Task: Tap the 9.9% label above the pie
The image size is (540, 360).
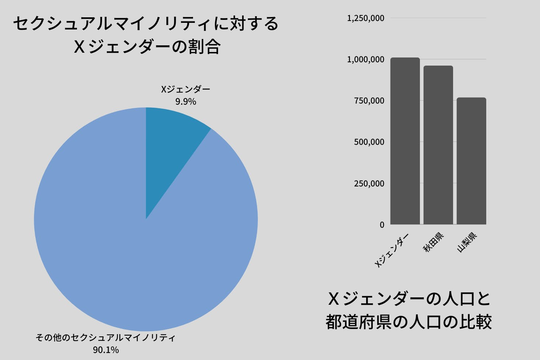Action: pyautogui.click(x=186, y=102)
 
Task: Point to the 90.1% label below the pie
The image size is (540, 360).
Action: pyautogui.click(x=106, y=350)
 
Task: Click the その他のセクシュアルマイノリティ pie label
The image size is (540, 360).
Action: pyautogui.click(x=106, y=338)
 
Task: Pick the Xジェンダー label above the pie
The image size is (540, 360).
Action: pyautogui.click(x=186, y=90)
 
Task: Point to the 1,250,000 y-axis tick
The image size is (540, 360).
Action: pyautogui.click(x=365, y=18)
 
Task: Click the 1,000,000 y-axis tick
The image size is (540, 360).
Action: pyautogui.click(x=365, y=59)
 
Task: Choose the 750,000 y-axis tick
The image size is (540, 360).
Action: pyautogui.click(x=369, y=101)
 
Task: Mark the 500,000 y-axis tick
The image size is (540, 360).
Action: pyautogui.click(x=369, y=142)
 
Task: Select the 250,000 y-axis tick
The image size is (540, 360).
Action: pyautogui.click(x=369, y=184)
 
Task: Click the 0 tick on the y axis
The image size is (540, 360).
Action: pyautogui.click(x=382, y=225)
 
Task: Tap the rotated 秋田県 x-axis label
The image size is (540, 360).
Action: pyautogui.click(x=434, y=242)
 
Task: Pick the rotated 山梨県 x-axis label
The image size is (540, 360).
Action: pyautogui.click(x=467, y=242)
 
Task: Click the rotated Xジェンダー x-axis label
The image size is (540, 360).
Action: pyautogui.click(x=392, y=251)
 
